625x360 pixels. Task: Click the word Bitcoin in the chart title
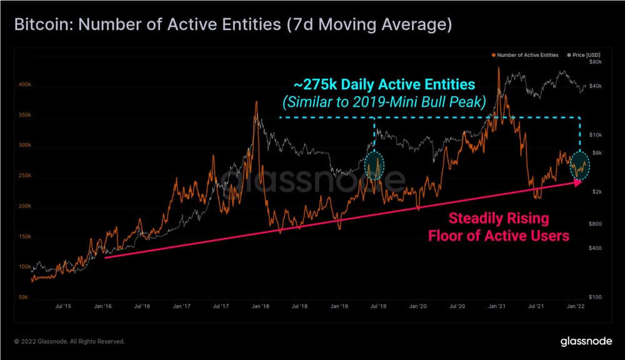39,26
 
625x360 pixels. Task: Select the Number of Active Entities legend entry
527,55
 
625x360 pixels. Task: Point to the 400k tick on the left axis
24,84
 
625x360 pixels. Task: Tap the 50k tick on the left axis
24,297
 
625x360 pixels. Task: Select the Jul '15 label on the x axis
62,307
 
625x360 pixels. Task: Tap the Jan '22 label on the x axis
576,307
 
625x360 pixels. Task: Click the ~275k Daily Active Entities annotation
383,84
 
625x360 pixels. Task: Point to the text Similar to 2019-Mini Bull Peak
384,102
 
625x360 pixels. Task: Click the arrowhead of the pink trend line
578,182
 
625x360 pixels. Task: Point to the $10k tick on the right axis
596,135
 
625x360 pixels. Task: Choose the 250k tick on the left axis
24,176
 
